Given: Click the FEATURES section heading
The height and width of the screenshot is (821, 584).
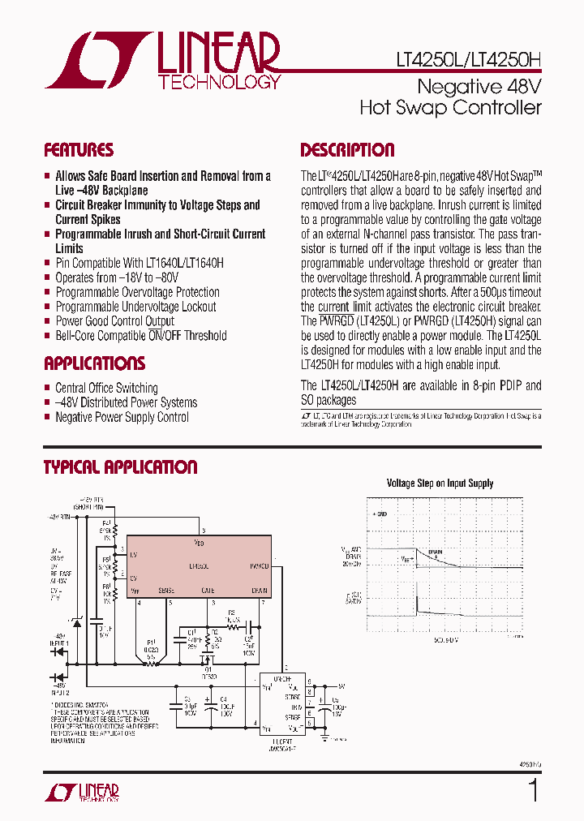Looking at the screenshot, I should [x=79, y=150].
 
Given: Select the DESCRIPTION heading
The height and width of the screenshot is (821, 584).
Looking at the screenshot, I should [x=347, y=150].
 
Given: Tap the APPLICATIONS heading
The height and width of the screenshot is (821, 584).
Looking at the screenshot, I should [x=94, y=363].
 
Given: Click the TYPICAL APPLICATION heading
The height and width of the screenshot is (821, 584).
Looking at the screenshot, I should [x=120, y=467].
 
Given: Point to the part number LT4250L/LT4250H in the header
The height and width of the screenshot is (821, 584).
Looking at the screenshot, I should [x=468, y=60].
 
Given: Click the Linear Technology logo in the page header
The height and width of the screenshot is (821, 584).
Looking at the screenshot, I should [x=162, y=60].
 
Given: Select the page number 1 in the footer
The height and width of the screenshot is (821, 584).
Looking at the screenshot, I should [x=533, y=790].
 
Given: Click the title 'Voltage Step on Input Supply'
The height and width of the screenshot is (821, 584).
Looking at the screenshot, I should [x=440, y=484].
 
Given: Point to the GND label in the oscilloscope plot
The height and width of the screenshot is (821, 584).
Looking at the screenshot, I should [x=380, y=514].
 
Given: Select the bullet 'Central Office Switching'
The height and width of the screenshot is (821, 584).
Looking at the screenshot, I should [x=106, y=388].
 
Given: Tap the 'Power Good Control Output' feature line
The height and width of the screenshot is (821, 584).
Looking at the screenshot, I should [x=114, y=321].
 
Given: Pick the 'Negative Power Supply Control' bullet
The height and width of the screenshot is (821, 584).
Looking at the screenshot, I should [x=122, y=417].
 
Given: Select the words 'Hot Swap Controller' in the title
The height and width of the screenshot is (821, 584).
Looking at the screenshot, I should [x=450, y=108].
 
